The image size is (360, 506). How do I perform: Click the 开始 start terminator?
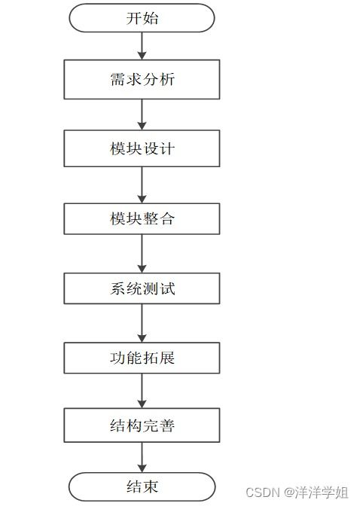coord(142,18)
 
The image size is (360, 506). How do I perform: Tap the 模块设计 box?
coord(142,148)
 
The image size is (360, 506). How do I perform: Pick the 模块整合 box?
coord(142,218)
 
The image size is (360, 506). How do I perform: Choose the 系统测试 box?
coord(142,288)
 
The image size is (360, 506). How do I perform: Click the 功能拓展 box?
coord(142,358)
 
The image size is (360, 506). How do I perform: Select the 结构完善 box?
coord(142,425)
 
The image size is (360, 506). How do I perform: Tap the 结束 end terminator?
coord(142,486)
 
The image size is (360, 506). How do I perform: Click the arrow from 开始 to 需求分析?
coord(142,46)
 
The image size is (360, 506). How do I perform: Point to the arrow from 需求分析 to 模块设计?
coord(142,114)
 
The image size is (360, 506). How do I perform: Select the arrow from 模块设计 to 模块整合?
coord(142,184)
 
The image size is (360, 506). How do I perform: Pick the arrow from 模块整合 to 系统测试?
coord(142,254)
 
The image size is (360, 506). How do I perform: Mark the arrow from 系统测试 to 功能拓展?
coord(142,323)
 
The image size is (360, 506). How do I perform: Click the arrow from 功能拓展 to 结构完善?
coord(142,392)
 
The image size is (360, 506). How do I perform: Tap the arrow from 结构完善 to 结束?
coord(142,458)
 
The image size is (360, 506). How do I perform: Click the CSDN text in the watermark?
coord(263,492)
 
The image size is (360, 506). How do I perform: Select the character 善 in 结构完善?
coord(166,425)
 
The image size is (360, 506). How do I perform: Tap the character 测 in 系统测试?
coord(151,288)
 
